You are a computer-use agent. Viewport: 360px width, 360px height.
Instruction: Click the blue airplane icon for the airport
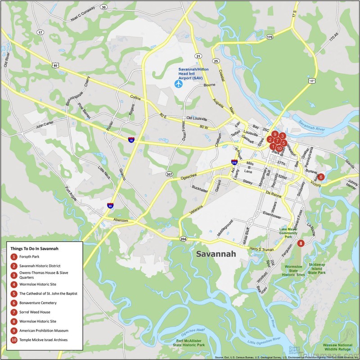pyautogui.click(x=179, y=83)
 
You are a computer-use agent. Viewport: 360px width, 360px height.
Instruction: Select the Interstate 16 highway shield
pyautogui.click(x=131, y=140)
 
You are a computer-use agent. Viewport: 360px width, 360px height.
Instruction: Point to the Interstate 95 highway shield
pyautogui.click(x=110, y=206)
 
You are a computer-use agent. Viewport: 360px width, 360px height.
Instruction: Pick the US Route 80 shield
pyautogui.click(x=55, y=66)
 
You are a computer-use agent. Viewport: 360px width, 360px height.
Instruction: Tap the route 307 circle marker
pyautogui.click(x=169, y=174)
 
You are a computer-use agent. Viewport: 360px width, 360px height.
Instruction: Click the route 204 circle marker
pyautogui.click(x=183, y=238)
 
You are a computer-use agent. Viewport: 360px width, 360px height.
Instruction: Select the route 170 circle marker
pyautogui.click(x=270, y=37)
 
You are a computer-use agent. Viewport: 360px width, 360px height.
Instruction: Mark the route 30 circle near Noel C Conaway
pyautogui.click(x=104, y=7)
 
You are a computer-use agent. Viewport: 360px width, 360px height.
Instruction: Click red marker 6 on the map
pyautogui.click(x=320, y=177)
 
